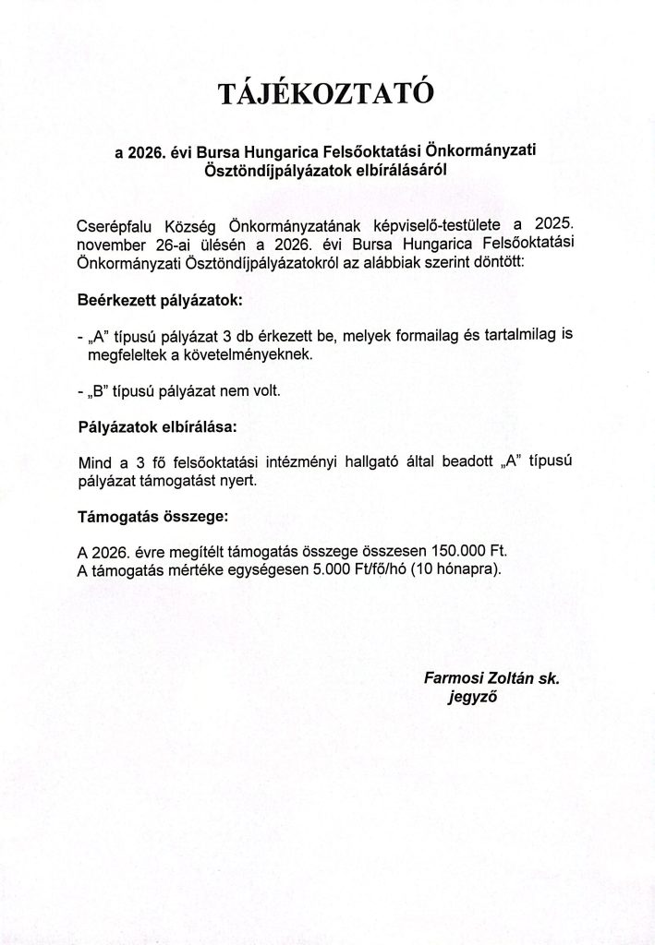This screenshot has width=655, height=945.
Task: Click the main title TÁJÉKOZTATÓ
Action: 327,95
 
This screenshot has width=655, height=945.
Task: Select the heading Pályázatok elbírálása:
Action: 157,428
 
